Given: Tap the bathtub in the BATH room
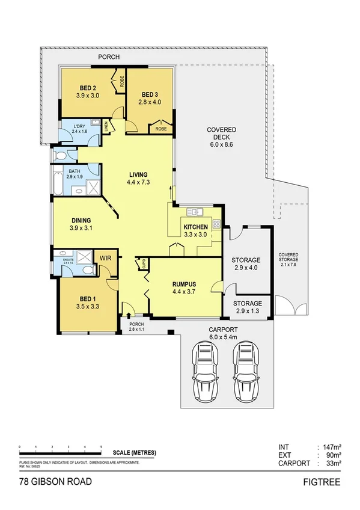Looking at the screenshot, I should click(x=56, y=183).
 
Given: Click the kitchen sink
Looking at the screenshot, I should click(x=195, y=212).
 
